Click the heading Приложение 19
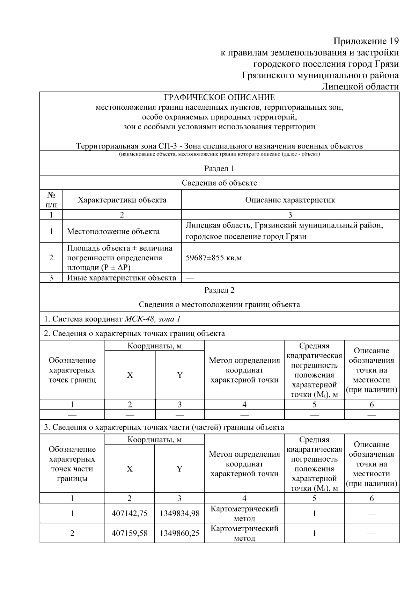[366, 41]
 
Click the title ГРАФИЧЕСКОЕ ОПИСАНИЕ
[219, 97]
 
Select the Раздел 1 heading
[219, 168]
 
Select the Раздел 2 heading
[219, 290]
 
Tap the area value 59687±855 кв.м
[214, 258]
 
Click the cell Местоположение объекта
[113, 231]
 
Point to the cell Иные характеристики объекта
[122, 278]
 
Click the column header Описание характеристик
[290, 200]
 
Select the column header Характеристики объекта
[122, 200]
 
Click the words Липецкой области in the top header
[360, 86]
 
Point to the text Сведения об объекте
[219, 183]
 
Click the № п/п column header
[51, 200]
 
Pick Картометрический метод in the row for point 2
[244, 533]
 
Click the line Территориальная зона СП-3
[219, 146]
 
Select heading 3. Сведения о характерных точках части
[164, 427]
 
